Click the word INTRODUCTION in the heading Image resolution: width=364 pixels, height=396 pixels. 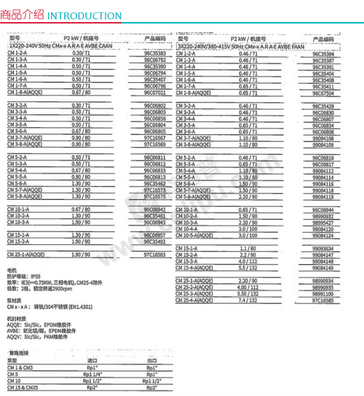(84, 16)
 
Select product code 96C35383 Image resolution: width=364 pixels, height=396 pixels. (154, 53)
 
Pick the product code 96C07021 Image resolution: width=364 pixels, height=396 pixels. (154, 92)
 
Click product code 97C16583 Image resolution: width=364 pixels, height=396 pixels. (154, 254)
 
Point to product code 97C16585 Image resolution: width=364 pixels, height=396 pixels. (323, 300)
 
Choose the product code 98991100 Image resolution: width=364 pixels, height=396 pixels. (323, 294)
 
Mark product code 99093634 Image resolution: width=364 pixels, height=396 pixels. (323, 249)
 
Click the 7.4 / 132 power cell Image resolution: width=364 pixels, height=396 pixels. (248, 300)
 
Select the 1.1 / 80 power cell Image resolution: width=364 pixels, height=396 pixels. (248, 248)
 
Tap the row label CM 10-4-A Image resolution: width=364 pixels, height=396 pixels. (187, 229)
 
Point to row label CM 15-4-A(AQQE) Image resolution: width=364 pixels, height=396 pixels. (194, 268)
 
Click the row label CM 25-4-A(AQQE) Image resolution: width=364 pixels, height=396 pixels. (194, 300)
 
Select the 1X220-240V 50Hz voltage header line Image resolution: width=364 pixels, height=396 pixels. (60, 47)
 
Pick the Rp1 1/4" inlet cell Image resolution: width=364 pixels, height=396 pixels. (92, 374)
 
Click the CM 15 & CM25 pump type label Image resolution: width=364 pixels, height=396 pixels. (21, 388)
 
